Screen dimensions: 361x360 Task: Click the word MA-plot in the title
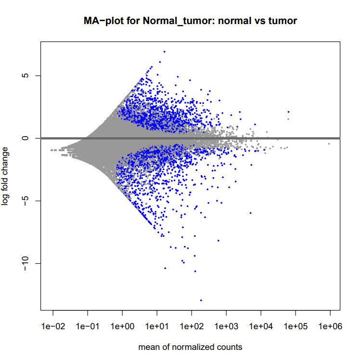[x=101, y=22]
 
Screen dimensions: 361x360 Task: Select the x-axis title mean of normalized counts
[x=190, y=347]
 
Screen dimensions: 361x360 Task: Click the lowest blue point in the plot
[x=201, y=300]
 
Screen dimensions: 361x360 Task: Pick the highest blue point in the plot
[x=164, y=52]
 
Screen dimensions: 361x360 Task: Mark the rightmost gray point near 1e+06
[x=329, y=143]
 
